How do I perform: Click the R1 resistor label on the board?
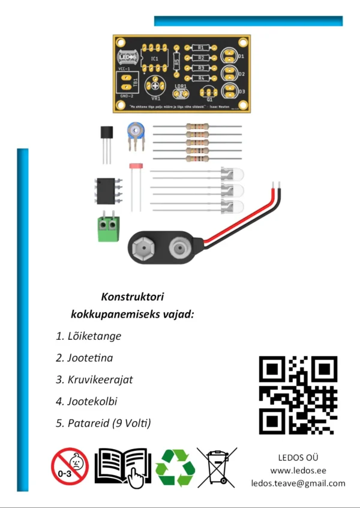[x=201, y=47]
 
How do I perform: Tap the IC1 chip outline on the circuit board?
[x=155, y=58]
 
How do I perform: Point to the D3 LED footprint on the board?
[x=229, y=91]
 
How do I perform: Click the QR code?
[x=298, y=395]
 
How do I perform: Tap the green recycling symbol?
[x=175, y=467]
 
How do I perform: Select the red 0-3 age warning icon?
[x=70, y=467]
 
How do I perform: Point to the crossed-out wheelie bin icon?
[x=217, y=467]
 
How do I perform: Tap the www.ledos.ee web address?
[x=298, y=470]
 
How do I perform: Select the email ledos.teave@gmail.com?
[x=298, y=483]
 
